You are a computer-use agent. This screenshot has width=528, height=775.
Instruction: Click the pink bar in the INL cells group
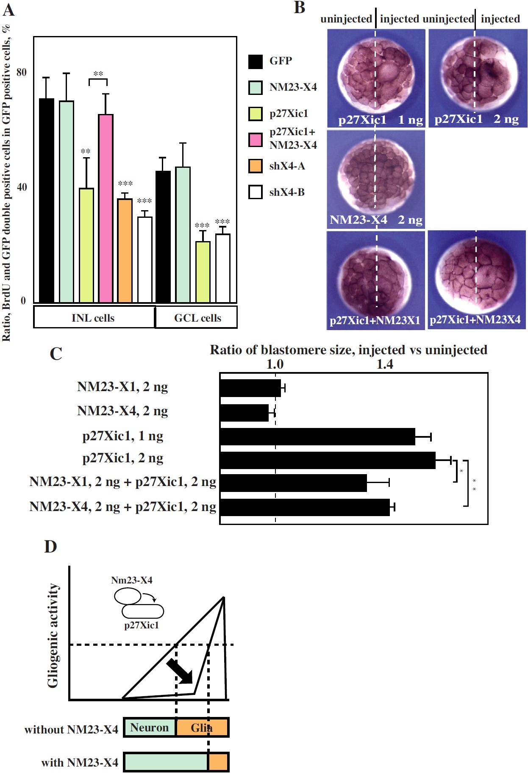106,208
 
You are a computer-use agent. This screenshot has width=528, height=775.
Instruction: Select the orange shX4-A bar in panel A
125,250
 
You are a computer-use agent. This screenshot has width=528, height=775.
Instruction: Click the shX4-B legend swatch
256,192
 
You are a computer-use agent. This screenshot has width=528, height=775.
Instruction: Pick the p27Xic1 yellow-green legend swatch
256,114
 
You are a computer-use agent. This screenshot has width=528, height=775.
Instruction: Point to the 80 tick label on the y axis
21,72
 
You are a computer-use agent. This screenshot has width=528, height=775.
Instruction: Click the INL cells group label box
94,317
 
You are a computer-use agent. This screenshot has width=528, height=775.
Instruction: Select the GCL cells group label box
197,317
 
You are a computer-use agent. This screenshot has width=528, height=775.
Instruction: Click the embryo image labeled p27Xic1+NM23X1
375,279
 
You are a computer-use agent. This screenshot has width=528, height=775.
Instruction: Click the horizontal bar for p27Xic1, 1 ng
317,437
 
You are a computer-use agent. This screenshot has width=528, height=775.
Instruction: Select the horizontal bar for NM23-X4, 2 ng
244,413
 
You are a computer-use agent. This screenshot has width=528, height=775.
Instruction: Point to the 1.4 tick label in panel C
385,364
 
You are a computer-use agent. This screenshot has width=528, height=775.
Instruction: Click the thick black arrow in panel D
180,671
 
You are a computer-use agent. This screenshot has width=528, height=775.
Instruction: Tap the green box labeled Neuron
150,728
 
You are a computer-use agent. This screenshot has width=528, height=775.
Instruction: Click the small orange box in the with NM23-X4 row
218,762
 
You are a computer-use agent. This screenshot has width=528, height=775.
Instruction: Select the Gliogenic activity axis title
53,635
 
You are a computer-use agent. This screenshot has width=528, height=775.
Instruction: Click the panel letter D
50,547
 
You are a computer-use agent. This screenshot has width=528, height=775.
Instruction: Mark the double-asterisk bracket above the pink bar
98,80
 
